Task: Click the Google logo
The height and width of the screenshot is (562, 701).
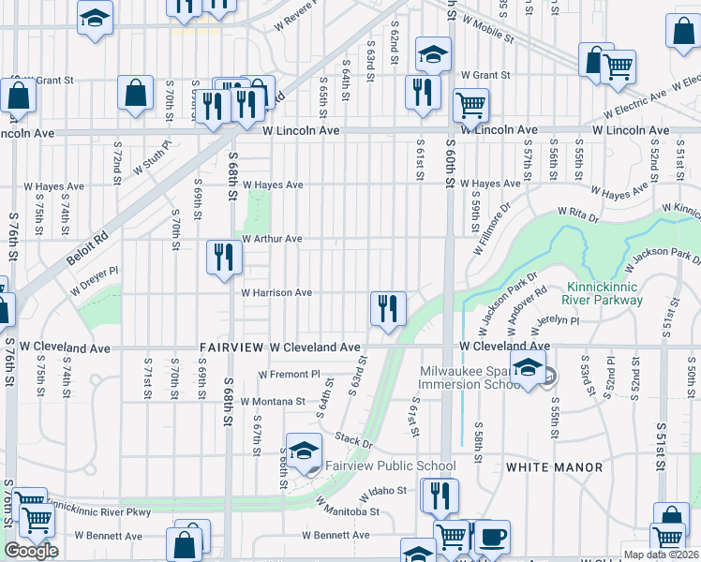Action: tap(31, 551)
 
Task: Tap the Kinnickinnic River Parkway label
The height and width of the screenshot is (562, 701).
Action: tap(604, 293)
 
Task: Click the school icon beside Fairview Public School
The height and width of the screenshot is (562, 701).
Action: tap(304, 452)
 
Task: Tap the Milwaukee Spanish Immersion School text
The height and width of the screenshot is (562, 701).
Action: tap(469, 377)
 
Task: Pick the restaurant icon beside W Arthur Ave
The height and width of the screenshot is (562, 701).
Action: tap(222, 258)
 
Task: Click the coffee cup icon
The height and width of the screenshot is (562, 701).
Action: tap(493, 538)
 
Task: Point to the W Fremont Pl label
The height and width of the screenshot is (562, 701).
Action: tap(290, 373)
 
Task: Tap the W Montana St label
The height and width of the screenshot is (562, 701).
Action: tap(273, 401)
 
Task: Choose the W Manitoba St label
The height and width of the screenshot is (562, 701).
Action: tap(348, 511)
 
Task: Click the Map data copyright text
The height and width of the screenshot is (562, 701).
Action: tap(661, 555)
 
